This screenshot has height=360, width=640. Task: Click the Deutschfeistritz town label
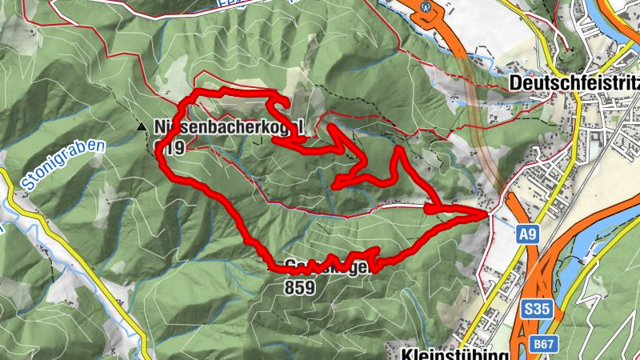point(573,83)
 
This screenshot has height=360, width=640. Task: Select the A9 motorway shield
point(526,234)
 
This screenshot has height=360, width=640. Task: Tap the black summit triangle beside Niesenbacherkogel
point(142,126)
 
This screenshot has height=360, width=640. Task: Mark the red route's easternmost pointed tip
point(487,214)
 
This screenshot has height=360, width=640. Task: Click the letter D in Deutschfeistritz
point(515,84)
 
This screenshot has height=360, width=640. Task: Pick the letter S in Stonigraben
point(26,186)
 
